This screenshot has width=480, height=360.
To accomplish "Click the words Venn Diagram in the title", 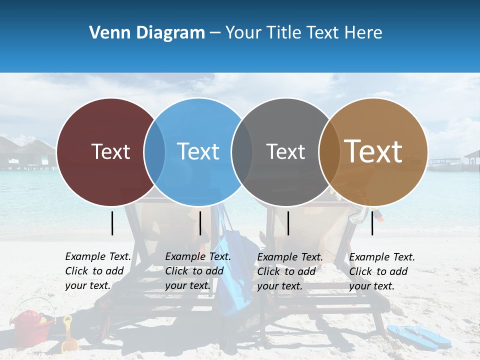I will [x=147, y=33].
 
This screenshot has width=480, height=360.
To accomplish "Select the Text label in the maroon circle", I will [x=110, y=151].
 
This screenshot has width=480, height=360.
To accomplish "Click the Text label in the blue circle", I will [x=198, y=151].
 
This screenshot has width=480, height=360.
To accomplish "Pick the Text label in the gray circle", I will [x=285, y=151].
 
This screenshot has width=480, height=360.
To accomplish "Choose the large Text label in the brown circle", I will [x=373, y=151].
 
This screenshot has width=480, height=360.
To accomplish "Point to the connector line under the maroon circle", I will [x=112, y=223].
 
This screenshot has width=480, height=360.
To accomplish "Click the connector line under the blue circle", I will [x=200, y=223].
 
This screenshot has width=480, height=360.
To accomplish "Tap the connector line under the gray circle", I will [x=288, y=223].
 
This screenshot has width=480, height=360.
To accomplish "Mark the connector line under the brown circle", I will [x=372, y=223].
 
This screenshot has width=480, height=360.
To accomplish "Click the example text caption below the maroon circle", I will [x=97, y=271].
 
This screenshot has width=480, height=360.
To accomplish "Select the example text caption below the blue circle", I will [x=197, y=271].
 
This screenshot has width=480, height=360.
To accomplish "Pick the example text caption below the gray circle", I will [x=289, y=271].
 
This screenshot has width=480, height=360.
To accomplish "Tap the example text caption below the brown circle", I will [x=381, y=271].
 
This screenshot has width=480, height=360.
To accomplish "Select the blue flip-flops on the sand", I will [x=419, y=336].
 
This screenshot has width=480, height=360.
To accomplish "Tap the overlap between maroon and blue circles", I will [x=154, y=151].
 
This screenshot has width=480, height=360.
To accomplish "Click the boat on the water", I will [x=444, y=163].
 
